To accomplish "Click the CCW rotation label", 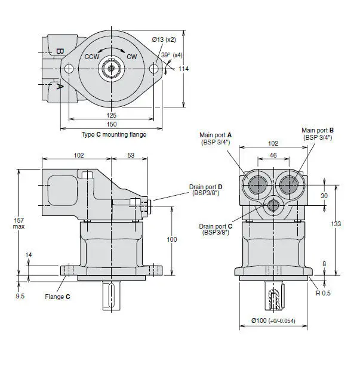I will click(91, 57).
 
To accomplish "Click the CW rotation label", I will click(131, 57).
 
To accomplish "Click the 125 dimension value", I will click(112, 115).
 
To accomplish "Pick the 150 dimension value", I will click(112, 124).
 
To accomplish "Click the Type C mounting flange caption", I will click(113, 134).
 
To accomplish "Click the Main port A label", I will click(216, 138).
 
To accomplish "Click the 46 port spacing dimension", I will click(273, 155).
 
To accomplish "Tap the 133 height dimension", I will click(337, 224).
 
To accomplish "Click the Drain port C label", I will click(216, 229).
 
